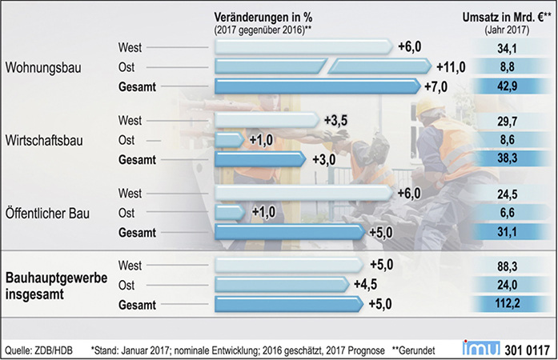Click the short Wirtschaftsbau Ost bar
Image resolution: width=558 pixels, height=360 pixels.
(229, 139)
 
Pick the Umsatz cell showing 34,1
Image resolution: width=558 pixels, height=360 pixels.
(508, 47)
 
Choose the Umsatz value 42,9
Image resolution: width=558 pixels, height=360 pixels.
(508, 84)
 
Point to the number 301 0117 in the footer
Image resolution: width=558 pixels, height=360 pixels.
(528, 348)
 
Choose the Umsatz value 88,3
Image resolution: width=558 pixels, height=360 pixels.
(508, 265)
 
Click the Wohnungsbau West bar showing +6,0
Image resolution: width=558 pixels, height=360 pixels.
(304, 47)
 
